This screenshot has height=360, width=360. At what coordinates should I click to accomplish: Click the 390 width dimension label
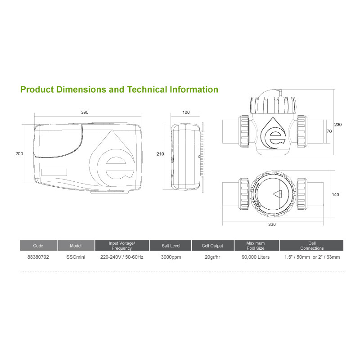tap(85, 112)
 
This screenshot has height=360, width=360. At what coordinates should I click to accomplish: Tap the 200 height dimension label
tap(19, 153)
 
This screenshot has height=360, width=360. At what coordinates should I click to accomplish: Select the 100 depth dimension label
tap(186, 112)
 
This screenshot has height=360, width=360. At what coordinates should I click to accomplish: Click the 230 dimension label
tap(338, 125)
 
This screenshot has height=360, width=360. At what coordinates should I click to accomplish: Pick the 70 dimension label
tap(328, 132)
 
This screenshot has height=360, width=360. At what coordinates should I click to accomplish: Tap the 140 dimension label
tap(336, 195)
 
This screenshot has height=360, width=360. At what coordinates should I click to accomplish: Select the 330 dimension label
tap(272, 224)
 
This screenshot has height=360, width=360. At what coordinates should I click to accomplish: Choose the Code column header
tap(38, 246)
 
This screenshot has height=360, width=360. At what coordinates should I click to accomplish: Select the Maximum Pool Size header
tap(256, 246)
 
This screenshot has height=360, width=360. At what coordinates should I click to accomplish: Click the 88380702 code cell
tap(38, 257)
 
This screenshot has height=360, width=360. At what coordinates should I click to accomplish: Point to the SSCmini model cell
tap(76, 257)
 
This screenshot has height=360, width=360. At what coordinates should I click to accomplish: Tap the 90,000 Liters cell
tap(256, 257)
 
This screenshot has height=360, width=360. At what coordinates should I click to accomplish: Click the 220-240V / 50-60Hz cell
tap(121, 257)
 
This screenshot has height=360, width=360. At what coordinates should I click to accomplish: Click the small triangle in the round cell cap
tap(277, 195)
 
